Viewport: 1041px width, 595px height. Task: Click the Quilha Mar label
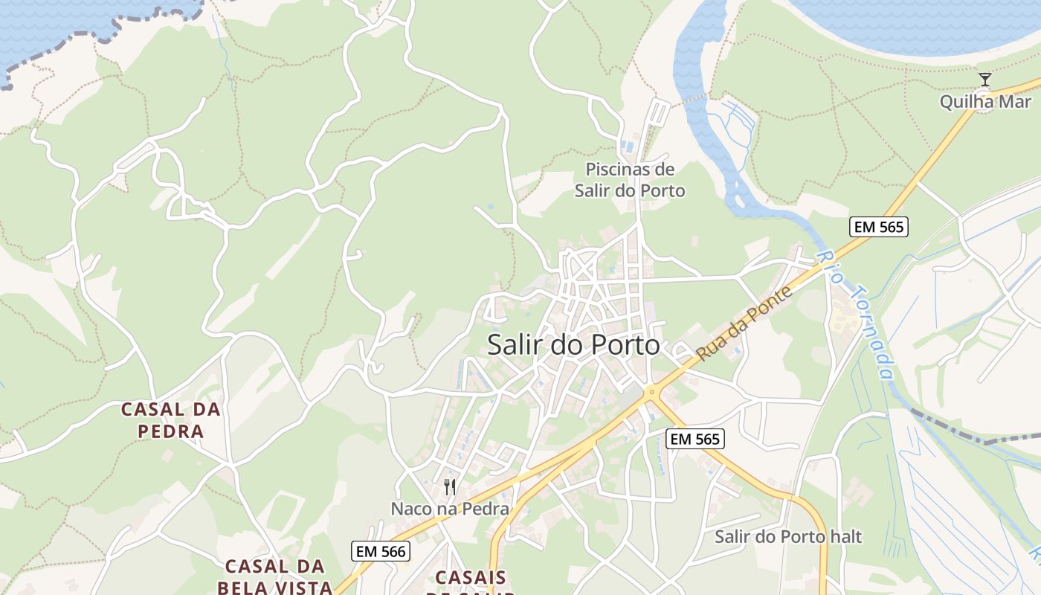[x=984, y=102]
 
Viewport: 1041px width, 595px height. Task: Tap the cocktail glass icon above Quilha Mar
[x=985, y=79]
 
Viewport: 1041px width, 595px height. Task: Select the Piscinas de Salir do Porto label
[x=630, y=180]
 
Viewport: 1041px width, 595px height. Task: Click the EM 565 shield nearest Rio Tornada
[x=879, y=227]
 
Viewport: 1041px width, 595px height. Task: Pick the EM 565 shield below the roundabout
[x=694, y=439]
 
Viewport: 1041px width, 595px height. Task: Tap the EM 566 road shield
[x=381, y=551]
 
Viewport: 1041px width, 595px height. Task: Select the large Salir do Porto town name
[x=573, y=345]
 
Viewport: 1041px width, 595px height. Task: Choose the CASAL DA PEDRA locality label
[x=171, y=419]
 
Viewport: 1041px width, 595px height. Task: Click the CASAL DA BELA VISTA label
[x=274, y=576]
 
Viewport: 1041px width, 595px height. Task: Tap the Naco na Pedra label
[x=450, y=509]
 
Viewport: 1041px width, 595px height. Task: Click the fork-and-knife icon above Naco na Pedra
[x=450, y=487]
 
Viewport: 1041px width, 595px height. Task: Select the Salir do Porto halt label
[x=788, y=536]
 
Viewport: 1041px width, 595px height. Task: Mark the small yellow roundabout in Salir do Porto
[x=652, y=391]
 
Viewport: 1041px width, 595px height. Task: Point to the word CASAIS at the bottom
[x=471, y=577]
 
